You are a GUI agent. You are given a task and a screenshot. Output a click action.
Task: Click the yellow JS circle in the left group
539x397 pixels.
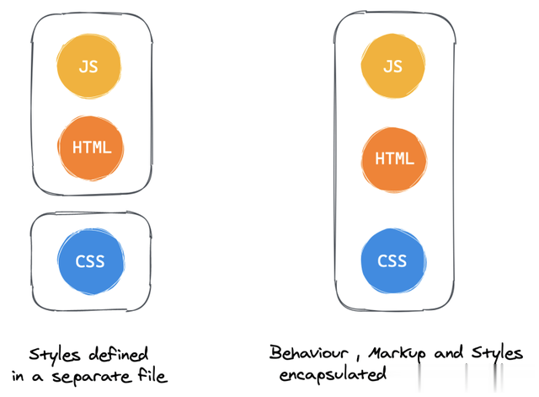click(88, 66)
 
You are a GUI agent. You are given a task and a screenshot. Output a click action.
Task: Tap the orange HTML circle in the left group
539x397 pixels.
click(91, 148)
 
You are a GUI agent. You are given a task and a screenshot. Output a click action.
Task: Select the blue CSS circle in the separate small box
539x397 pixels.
click(91, 261)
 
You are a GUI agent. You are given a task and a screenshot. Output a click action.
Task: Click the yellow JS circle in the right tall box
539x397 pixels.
click(393, 66)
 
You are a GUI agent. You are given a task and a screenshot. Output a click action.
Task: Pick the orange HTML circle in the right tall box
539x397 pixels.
click(394, 159)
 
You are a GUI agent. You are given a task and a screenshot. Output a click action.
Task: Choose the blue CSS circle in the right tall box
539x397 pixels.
click(393, 260)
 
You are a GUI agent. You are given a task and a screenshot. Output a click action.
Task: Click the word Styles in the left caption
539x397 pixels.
click(55, 355)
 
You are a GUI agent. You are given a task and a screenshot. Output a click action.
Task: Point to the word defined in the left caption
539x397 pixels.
click(119, 354)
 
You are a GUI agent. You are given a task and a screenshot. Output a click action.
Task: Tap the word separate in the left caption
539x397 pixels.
click(92, 377)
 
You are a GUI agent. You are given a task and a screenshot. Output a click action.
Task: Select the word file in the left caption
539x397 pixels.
click(152, 374)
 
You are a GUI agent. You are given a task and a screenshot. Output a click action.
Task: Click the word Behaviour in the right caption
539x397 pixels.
click(308, 352)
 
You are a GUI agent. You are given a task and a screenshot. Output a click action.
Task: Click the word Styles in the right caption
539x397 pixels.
click(497, 353)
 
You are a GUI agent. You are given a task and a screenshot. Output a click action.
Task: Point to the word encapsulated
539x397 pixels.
click(333, 374)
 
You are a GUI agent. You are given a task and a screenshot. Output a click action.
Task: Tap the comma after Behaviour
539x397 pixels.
click(357, 358)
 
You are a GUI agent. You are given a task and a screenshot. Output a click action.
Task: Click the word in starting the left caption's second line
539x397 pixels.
click(18, 376)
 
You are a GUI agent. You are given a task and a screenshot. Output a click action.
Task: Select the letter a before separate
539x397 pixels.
click(37, 378)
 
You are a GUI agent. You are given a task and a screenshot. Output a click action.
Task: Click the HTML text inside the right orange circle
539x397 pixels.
click(394, 159)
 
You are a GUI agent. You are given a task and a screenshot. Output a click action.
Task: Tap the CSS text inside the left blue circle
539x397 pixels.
click(90, 261)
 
